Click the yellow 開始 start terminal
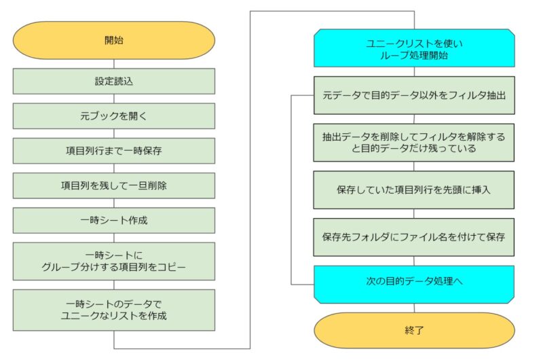point(114,40)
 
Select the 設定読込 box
point(114,81)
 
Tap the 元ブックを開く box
point(114,115)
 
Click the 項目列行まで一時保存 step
point(114,151)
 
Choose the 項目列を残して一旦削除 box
point(114,185)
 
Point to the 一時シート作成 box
point(114,220)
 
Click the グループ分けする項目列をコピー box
point(114,262)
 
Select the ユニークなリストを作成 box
point(114,310)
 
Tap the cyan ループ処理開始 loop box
point(414,48)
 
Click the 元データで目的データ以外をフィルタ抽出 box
point(414,95)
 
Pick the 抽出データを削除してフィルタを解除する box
point(414,143)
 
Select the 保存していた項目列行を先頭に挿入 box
point(414,190)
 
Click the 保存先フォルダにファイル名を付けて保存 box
point(414,237)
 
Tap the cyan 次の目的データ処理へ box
point(414,285)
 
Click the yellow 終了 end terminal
point(414,330)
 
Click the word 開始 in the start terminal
point(114,40)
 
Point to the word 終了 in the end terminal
point(414,330)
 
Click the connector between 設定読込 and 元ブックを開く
point(114,98)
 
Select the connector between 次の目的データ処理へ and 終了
point(414,308)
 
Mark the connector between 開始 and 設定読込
point(114,64)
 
